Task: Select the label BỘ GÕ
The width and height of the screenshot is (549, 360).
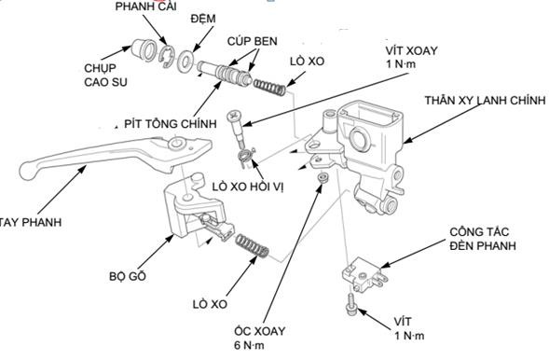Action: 129,277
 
